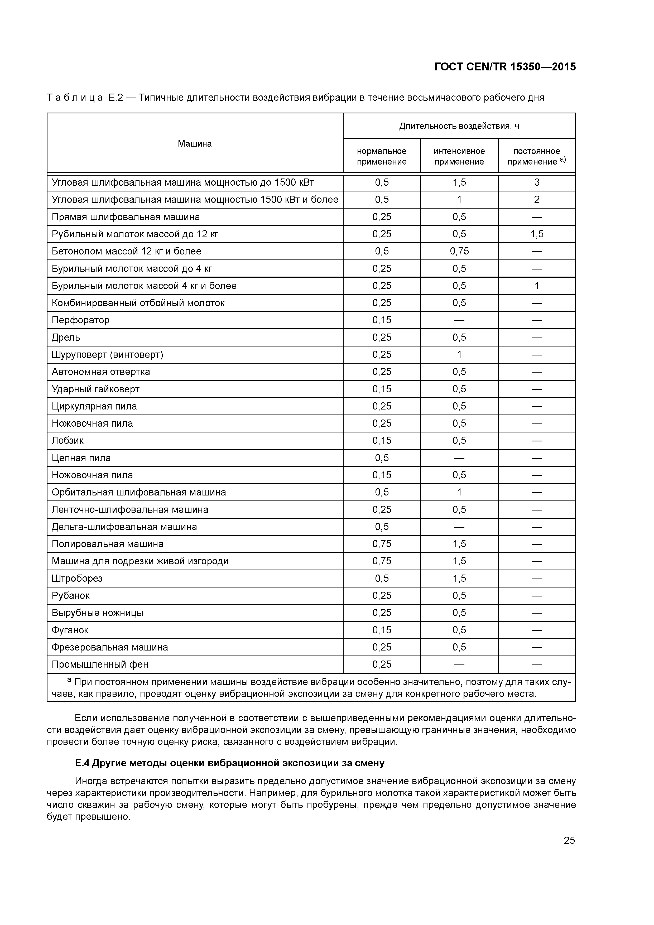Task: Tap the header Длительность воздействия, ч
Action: tap(459, 126)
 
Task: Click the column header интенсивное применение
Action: tap(459, 156)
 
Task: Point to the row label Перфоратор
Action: tap(81, 320)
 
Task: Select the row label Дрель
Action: tap(66, 338)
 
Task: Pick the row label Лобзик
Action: tap(68, 441)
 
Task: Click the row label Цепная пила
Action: tap(81, 458)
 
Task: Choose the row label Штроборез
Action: tap(77, 579)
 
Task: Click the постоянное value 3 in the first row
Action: tap(537, 182)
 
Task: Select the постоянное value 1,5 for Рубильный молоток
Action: tap(537, 234)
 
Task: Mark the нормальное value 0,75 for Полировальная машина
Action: tap(382, 544)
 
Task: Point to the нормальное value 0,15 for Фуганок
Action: tap(382, 630)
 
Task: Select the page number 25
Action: tap(569, 840)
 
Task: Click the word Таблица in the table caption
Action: tap(75, 98)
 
